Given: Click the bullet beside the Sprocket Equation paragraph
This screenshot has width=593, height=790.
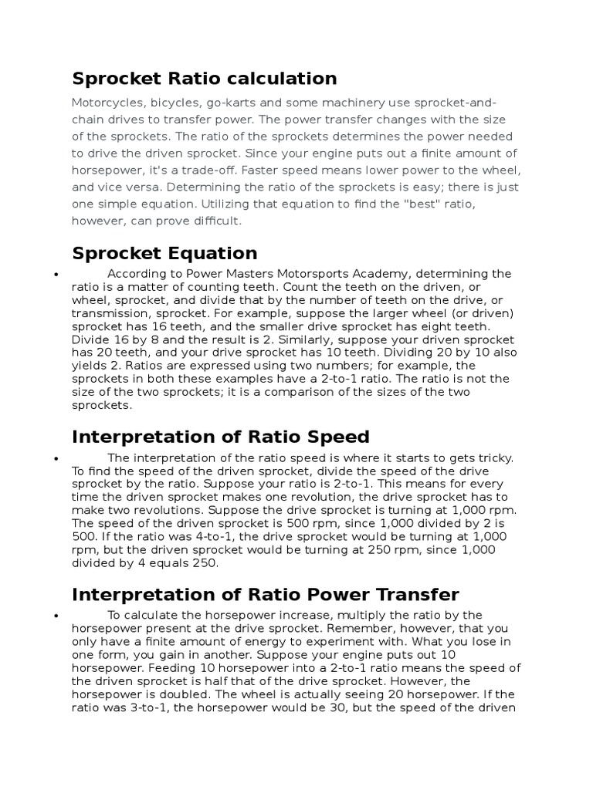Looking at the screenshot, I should coord(57,275).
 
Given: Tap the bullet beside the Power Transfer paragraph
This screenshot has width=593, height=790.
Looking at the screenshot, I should coord(57,616).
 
